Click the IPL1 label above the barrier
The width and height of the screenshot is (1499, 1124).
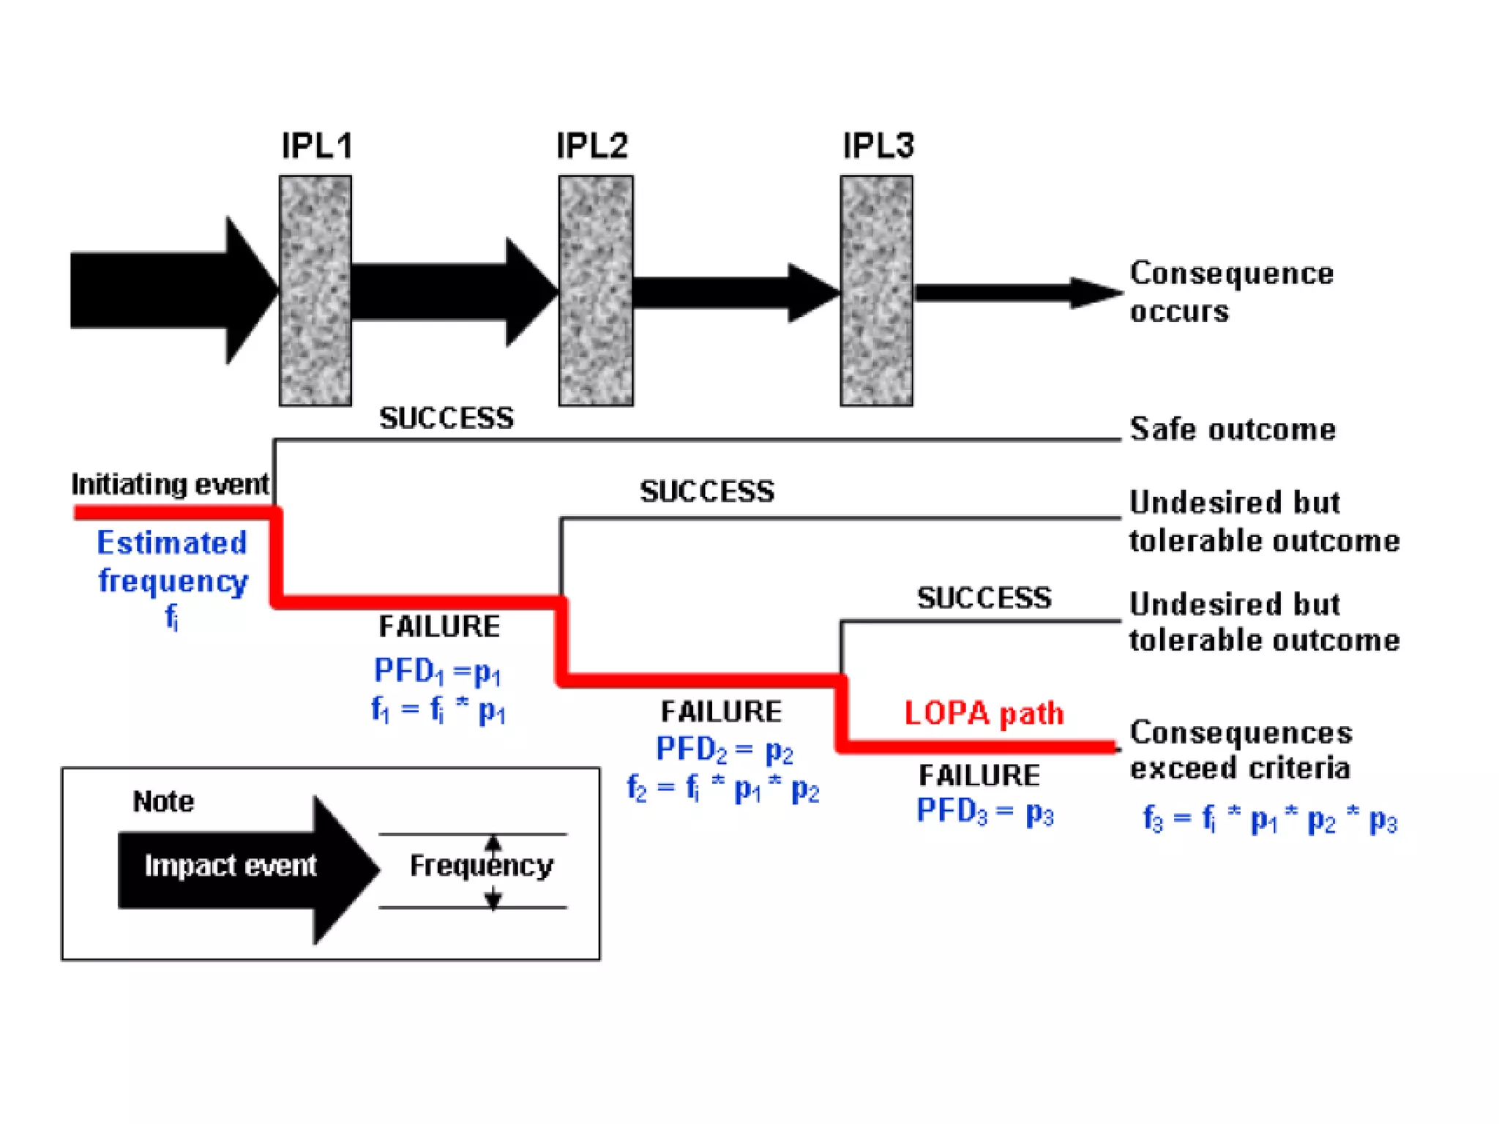coord(317,146)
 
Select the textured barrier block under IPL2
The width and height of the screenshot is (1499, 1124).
coord(596,291)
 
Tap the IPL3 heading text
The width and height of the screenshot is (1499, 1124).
coord(878,146)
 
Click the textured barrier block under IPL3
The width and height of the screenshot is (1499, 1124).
coord(876,291)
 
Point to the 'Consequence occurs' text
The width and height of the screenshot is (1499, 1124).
coord(1230,291)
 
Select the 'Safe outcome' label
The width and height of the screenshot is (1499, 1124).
coord(1233,429)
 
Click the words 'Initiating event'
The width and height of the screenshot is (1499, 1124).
coord(170,484)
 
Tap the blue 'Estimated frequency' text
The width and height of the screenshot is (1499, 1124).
coord(173,561)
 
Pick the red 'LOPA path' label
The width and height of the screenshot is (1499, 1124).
coord(984,713)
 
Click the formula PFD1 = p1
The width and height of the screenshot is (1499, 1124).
coord(437,671)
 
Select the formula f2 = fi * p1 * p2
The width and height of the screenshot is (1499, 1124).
coord(722,788)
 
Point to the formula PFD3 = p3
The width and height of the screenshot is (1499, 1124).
coord(984,811)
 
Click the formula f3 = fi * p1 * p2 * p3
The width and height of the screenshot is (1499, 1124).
coord(1270,819)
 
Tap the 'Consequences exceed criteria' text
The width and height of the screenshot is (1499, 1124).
coord(1241,750)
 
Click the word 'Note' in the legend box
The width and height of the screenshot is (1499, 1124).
coord(163,801)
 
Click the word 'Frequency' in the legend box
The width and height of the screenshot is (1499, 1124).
coord(481,866)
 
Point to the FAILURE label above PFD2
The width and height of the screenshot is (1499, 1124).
coord(721,711)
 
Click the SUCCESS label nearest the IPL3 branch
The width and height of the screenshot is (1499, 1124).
coord(984,598)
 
